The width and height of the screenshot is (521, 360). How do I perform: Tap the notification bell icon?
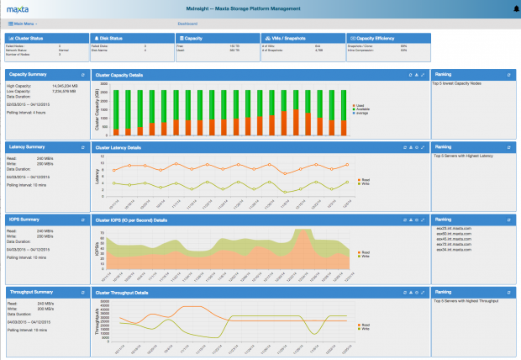pos(514,8)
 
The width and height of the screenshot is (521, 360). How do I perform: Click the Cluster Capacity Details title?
pos(119,75)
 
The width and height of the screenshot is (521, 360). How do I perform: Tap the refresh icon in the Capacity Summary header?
pos(82,75)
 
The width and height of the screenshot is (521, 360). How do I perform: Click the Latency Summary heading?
pos(26,147)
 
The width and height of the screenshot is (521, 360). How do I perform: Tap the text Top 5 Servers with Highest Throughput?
pos(463,299)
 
